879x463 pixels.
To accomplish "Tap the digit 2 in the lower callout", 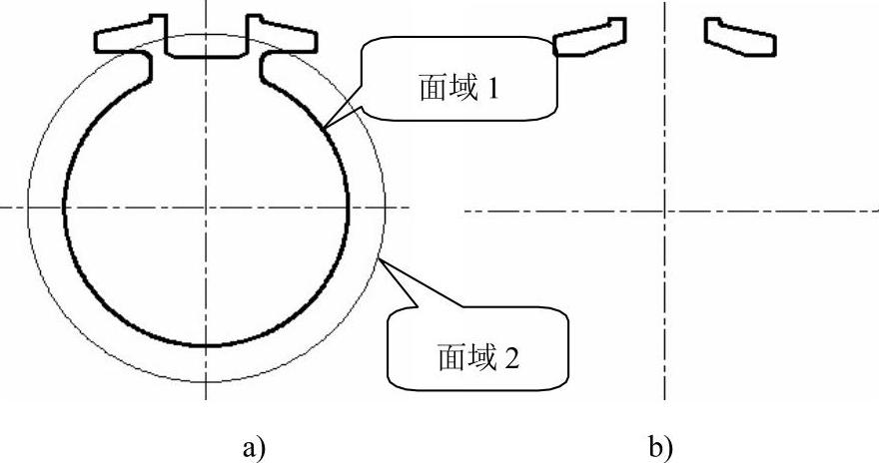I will point(511,356).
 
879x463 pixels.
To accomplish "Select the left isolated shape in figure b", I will point(589,36).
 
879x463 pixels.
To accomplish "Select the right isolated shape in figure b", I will point(740,36).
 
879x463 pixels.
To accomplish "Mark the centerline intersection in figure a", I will point(206,208).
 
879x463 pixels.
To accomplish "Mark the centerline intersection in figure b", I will point(666,211).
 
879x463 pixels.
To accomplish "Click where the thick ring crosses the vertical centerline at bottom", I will point(206,346).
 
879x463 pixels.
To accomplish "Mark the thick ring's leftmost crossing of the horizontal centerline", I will point(64,208).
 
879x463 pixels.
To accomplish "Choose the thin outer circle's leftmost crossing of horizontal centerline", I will point(28,208).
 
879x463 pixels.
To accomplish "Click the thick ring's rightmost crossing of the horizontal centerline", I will point(348,208).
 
